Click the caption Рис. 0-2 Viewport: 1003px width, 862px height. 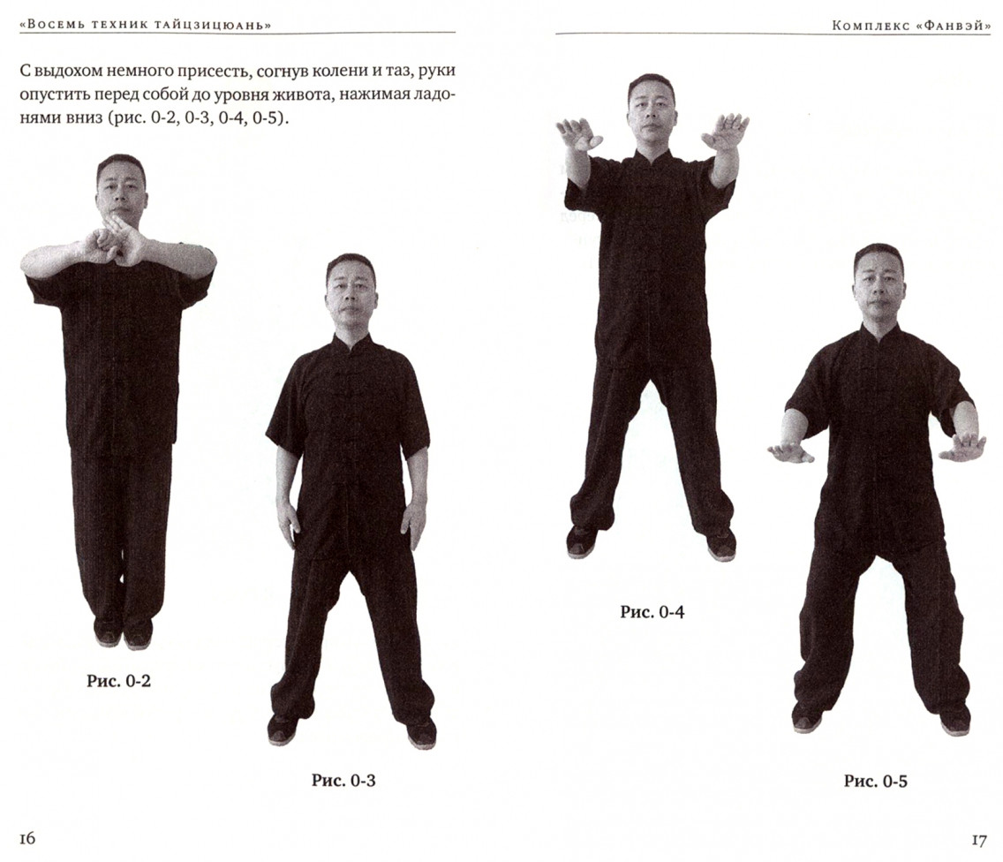[119, 681]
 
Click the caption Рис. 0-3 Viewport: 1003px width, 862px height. [343, 780]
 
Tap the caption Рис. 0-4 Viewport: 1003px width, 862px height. [652, 612]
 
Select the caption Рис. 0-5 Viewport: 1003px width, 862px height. [875, 781]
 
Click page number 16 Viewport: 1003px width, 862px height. [27, 838]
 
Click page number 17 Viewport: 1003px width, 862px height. [978, 840]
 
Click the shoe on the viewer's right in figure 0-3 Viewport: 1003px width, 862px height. [421, 734]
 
